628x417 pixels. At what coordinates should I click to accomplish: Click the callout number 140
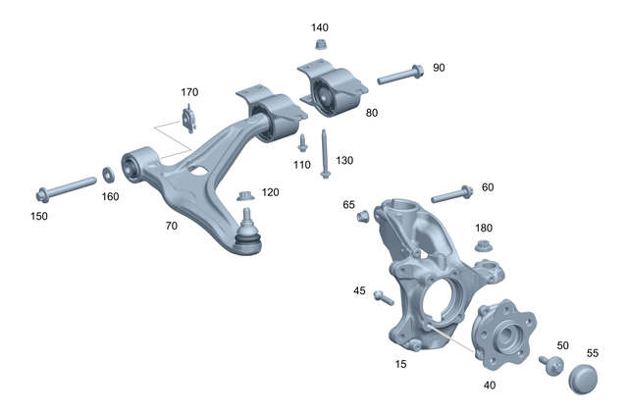[320, 26]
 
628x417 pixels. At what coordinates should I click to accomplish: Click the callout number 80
[372, 113]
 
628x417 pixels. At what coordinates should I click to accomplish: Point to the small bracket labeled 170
[188, 122]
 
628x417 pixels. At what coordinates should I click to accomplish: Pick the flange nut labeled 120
[246, 197]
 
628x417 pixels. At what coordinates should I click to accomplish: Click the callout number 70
[172, 225]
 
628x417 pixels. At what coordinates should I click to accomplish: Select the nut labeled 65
[362, 217]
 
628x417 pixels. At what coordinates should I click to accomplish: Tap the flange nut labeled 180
[483, 245]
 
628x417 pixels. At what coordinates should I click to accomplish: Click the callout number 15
[400, 364]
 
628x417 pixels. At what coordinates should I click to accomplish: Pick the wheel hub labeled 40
[501, 333]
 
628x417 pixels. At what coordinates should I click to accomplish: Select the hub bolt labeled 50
[550, 365]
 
